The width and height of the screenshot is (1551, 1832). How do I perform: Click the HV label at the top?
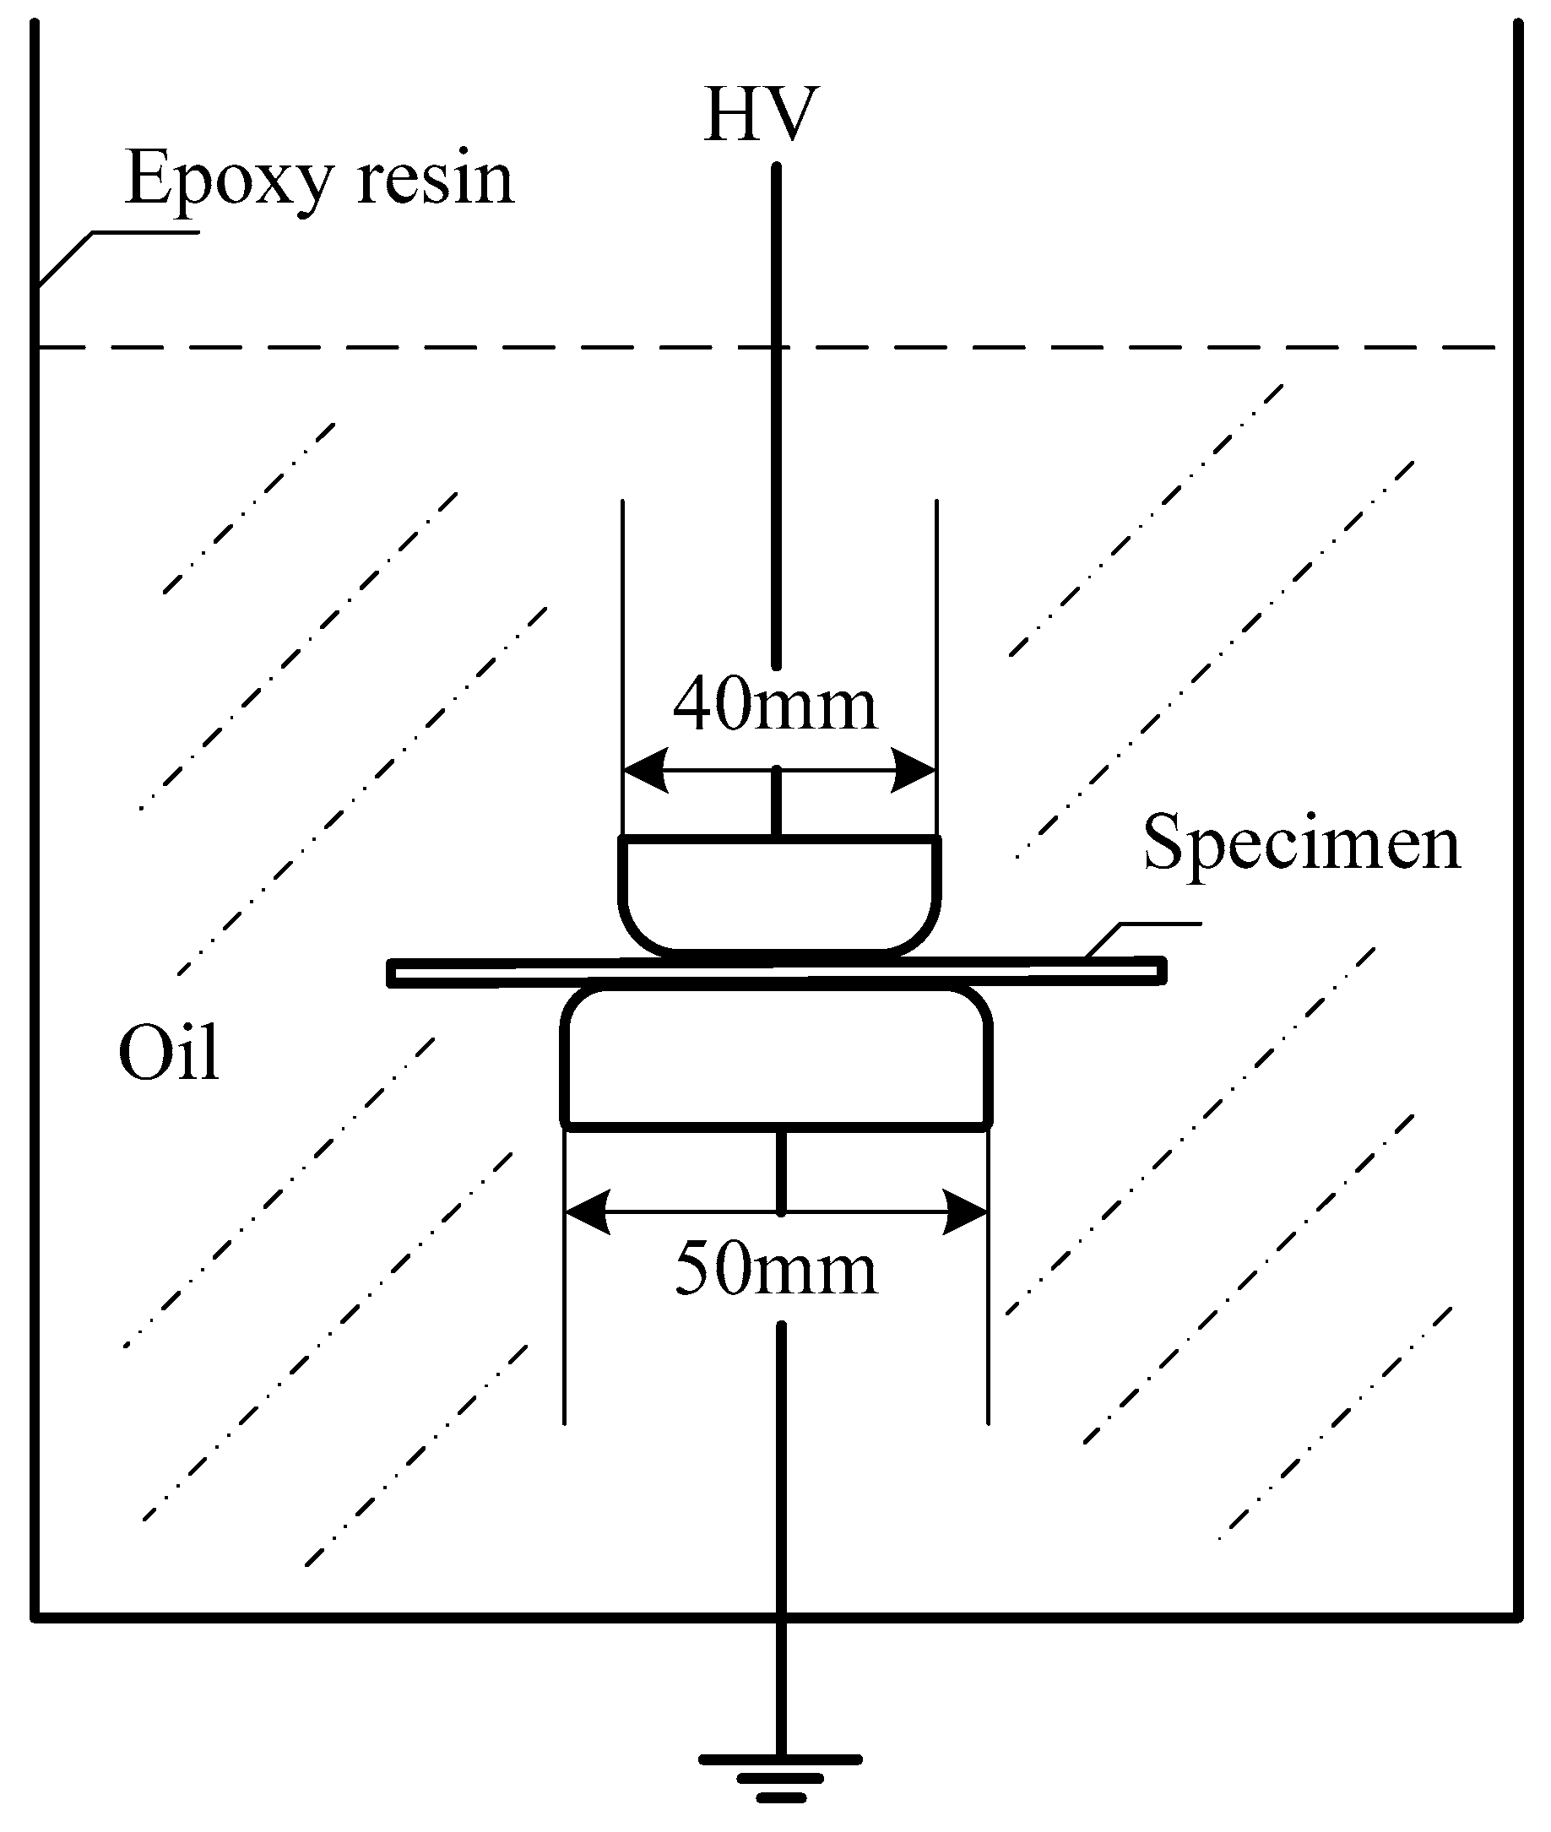click(762, 115)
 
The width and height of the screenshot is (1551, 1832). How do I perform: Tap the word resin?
click(434, 178)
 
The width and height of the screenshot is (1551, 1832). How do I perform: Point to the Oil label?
click(168, 1052)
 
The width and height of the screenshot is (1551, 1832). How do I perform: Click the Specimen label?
click(1301, 843)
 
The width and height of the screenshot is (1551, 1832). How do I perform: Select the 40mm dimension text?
click(774, 704)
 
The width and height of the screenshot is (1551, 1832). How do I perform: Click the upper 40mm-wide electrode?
click(779, 892)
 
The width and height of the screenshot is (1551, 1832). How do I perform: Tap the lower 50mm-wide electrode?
click(777, 1060)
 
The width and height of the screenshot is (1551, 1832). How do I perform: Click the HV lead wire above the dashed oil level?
click(777, 255)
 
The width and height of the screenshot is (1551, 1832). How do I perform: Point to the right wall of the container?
click(1518, 791)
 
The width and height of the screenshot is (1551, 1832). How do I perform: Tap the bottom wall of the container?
click(440, 1616)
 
